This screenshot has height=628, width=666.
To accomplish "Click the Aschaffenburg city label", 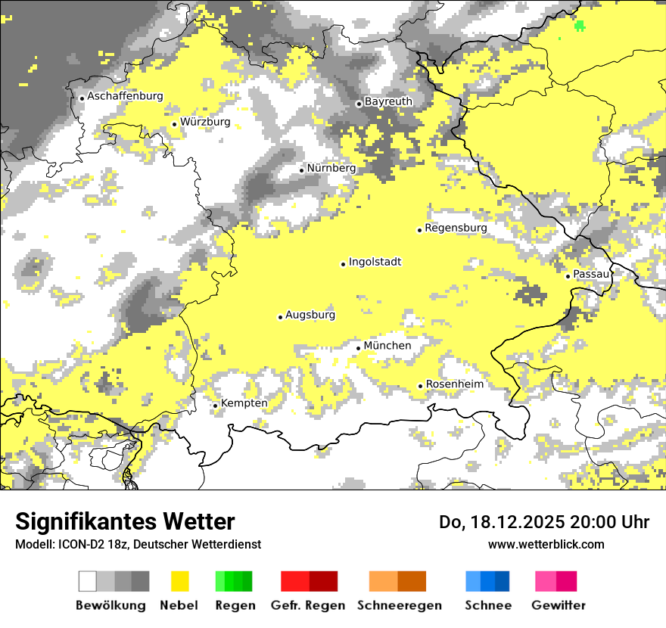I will pos(125,96).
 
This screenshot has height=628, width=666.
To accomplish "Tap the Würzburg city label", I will pos(205,122).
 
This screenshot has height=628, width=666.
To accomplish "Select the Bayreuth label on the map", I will pos(388,101).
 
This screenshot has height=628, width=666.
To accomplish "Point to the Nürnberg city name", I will pos(331,168).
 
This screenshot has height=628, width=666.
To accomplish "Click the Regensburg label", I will pos(456,228).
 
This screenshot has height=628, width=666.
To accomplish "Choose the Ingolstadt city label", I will pos(375,262).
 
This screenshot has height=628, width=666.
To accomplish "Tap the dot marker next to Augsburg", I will pos(280,317).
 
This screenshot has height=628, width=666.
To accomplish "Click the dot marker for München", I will pos(359,348).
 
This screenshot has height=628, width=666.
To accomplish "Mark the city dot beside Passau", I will pos(568,276).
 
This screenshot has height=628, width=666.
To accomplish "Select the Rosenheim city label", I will pos(454,384).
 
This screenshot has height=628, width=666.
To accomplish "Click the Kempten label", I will pos(244,403).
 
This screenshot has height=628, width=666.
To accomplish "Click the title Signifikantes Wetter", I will pos(125,522).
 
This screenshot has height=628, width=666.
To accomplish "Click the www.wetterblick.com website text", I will pos(546,544).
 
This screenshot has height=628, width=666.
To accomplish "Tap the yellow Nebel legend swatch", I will pos(180,581).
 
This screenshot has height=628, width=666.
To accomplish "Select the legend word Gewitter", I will pos(559,605).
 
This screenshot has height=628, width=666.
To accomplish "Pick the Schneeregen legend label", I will pos(399,605).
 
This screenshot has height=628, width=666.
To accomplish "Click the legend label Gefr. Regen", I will pos(308,605).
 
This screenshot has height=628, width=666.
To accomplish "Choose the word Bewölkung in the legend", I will pos(110,605).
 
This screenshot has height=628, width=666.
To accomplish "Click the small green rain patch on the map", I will pos(580,26).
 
